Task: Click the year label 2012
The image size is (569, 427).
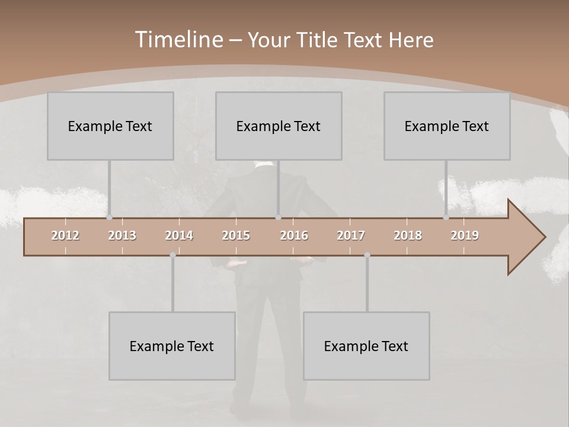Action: point(65,235)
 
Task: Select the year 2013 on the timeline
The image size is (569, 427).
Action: point(122,235)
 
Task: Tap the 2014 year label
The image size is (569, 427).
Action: point(179,235)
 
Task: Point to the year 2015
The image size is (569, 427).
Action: point(236,235)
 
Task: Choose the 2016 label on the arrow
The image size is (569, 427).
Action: point(294,235)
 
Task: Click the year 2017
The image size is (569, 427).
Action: point(351,235)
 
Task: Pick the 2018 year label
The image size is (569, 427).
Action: point(408,235)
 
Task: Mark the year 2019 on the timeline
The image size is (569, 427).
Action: point(465,235)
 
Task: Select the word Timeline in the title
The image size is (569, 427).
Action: point(177,40)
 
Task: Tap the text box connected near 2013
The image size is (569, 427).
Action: point(110,126)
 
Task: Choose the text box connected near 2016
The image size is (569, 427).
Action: point(279,126)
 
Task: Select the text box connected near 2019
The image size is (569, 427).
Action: point(447,126)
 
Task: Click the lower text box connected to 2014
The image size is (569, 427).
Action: point(172,346)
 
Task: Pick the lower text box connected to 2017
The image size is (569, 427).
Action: point(366,346)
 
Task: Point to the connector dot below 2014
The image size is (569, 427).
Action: point(172,255)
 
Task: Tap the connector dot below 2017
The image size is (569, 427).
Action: point(367,255)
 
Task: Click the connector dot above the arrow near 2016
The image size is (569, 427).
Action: point(278,218)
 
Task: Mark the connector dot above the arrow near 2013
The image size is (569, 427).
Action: point(109,218)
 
